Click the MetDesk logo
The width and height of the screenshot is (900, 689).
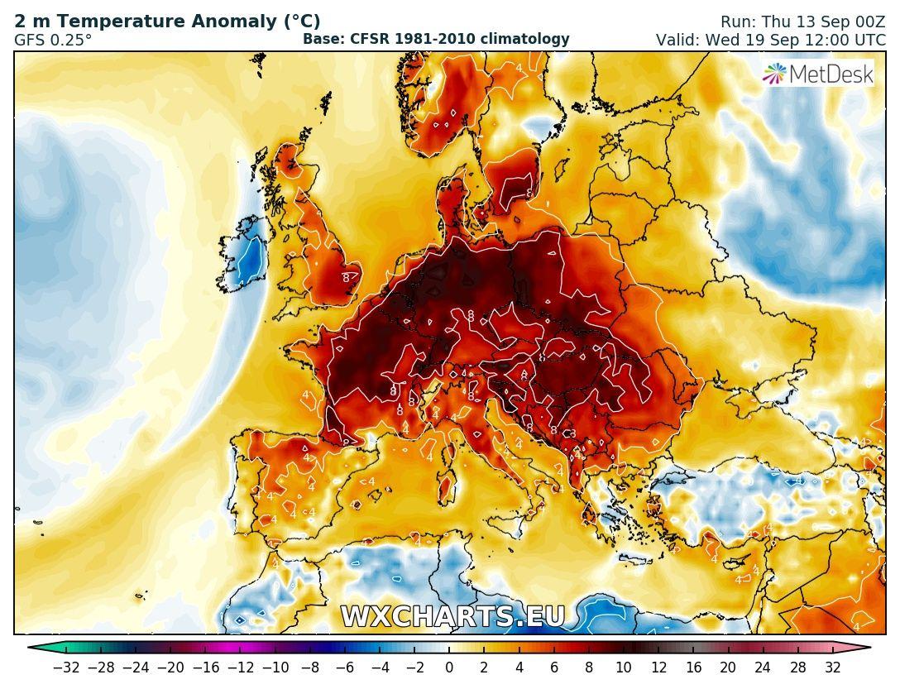817,74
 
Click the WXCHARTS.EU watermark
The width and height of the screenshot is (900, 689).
452,617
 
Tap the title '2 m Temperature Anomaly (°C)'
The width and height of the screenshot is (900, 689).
167,22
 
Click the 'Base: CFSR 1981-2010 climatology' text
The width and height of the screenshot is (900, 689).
436,39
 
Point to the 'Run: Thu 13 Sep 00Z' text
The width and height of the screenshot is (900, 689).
802,22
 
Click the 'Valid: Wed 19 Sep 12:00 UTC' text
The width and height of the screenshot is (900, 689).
770,40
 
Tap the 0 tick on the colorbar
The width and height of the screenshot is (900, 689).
448,667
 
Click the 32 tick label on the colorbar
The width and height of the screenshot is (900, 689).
832,667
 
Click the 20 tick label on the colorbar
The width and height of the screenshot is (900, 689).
727,667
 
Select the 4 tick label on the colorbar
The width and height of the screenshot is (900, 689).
519,667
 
